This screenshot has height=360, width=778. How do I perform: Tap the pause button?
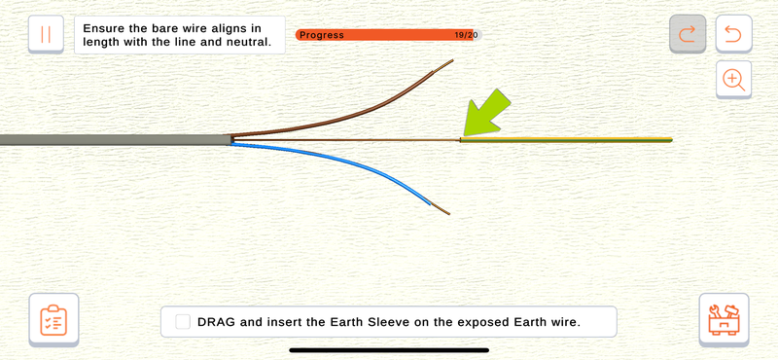46,34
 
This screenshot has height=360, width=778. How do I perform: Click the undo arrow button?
733,34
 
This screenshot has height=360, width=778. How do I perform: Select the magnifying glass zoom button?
733,80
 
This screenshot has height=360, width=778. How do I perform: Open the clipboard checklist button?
53,320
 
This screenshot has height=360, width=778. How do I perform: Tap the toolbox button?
724,320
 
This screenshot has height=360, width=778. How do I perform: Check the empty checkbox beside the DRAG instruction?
183,322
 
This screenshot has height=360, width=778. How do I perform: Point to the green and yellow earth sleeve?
566,139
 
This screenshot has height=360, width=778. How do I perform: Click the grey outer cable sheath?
116,139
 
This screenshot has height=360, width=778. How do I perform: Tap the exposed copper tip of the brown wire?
443,65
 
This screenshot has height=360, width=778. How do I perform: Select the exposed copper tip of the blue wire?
441,209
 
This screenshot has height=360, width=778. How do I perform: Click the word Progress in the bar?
322,35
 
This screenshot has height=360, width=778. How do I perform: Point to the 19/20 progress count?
466,35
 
